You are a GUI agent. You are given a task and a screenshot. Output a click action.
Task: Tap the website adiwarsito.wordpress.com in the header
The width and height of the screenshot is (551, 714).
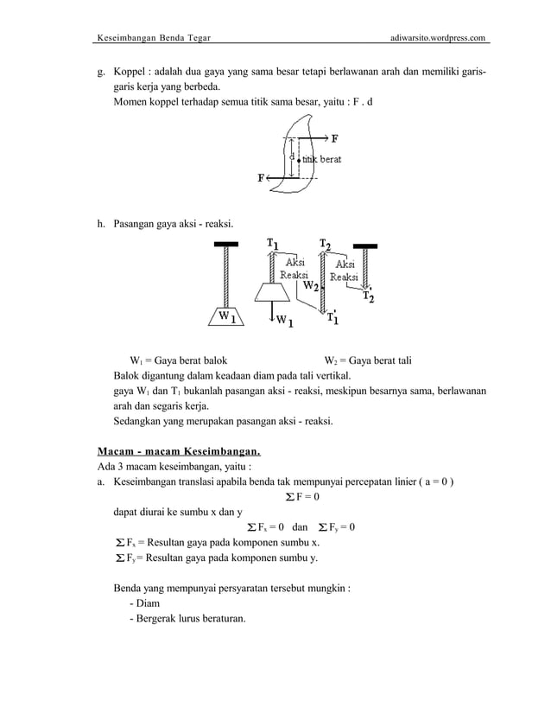click(x=440, y=38)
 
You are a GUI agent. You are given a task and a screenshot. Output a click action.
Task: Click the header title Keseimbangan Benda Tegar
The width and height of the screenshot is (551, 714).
click(x=153, y=38)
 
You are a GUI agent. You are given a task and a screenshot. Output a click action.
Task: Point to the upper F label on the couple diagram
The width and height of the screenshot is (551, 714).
click(x=334, y=137)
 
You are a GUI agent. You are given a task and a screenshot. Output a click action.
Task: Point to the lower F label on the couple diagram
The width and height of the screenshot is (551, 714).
click(x=262, y=179)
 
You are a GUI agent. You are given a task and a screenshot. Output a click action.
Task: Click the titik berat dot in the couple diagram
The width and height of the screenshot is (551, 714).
click(x=298, y=160)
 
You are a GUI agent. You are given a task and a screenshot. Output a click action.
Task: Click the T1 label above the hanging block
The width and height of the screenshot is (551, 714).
click(x=273, y=245)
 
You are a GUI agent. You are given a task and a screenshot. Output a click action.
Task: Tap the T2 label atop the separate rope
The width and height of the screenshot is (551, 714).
click(x=325, y=245)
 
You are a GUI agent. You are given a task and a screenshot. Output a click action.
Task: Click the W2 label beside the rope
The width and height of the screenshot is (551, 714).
click(x=311, y=284)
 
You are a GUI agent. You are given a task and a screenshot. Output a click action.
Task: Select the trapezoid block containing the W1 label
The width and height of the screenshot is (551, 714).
click(x=224, y=316)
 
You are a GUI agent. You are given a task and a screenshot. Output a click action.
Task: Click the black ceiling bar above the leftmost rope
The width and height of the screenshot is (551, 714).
click(x=226, y=245)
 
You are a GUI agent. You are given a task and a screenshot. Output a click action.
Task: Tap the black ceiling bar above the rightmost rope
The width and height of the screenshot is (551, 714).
click(x=367, y=245)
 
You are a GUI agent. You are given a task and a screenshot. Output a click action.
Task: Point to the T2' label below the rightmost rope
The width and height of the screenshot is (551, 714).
click(x=369, y=296)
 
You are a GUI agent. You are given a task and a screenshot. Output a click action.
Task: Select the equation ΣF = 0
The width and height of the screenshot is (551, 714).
click(x=301, y=496)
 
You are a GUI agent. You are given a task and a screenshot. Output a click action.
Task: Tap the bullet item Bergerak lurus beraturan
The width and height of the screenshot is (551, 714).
click(x=187, y=618)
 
